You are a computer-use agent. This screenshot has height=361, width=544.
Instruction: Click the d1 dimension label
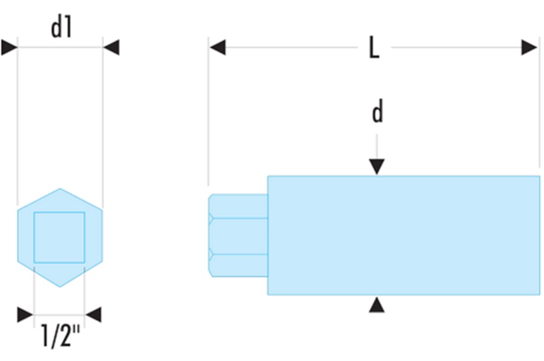61,28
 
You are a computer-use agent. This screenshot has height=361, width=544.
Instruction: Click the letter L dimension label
374,48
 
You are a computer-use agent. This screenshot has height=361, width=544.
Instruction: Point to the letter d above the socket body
377,113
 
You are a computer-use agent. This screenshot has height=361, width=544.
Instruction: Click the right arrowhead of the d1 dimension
111,47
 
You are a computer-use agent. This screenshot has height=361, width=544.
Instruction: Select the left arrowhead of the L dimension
217,47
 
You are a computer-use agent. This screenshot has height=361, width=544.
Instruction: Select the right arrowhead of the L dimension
529,47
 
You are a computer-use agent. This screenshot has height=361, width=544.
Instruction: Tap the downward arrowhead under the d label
376,167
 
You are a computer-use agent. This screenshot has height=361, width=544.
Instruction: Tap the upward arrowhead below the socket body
376,305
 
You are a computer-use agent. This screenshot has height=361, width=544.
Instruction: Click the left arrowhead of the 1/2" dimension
25,314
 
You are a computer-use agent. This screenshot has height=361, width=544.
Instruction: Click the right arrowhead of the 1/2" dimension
94,314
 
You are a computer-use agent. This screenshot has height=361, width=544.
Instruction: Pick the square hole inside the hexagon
59,237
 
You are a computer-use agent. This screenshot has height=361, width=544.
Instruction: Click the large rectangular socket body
403,235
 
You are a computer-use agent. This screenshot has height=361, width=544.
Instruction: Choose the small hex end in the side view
237,236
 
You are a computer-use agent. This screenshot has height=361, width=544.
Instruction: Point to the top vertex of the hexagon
60,189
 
